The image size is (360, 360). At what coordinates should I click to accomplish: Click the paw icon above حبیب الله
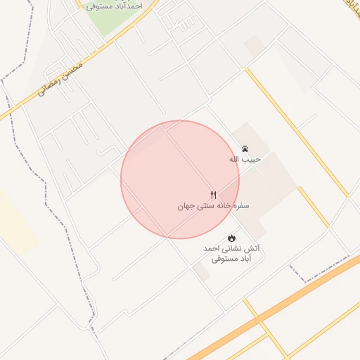click(x=245, y=149)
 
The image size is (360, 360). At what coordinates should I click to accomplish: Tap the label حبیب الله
click(x=245, y=160)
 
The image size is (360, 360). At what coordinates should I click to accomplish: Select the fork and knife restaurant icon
click(x=213, y=195)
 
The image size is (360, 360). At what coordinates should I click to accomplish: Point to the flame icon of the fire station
click(x=231, y=238)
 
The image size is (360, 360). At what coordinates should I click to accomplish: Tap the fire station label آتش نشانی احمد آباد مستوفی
click(x=231, y=254)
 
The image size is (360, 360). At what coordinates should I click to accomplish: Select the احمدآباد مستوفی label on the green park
click(x=115, y=6)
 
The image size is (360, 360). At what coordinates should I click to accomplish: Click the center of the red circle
click(x=180, y=179)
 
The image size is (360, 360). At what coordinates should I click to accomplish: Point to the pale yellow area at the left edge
click(x=14, y=221)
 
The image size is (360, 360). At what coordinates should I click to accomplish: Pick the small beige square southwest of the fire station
click(x=202, y=272)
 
